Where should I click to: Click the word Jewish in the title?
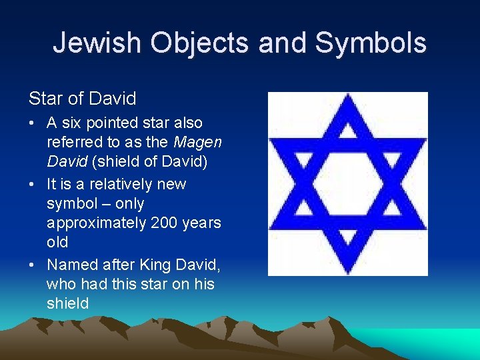(96, 43)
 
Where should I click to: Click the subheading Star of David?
(82, 99)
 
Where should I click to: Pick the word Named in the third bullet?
(69, 264)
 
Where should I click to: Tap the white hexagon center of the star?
(347, 183)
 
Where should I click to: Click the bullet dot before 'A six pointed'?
(33, 123)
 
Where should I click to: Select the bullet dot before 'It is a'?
(33, 184)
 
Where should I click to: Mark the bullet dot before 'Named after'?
(33, 264)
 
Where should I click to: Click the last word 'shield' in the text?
(67, 304)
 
